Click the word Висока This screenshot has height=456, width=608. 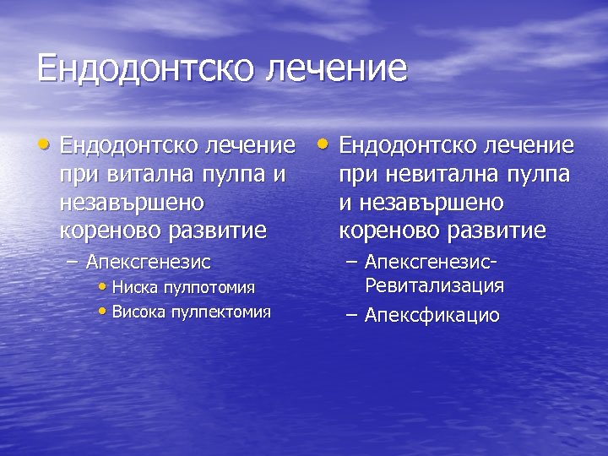tap(139, 312)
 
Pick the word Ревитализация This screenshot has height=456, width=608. tap(435, 285)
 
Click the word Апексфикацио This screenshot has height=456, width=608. tap(432, 316)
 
